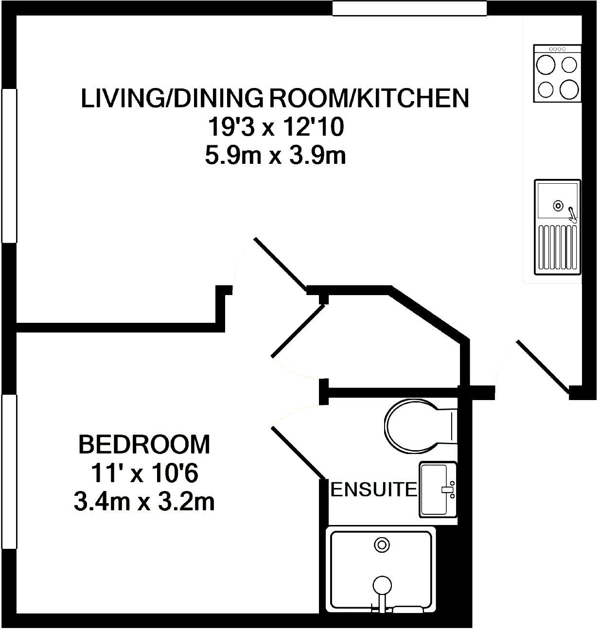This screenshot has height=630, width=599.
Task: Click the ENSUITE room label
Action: (373, 489)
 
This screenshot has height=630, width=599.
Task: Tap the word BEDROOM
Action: (144, 444)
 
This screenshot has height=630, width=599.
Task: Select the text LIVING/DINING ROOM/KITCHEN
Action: (275, 98)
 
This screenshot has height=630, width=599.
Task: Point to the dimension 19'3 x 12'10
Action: (276, 128)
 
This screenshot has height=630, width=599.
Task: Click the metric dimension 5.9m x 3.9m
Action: (275, 157)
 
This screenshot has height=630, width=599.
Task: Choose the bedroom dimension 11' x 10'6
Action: (144, 473)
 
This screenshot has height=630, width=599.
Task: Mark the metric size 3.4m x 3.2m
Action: (144, 502)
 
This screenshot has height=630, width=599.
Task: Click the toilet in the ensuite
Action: (418, 423)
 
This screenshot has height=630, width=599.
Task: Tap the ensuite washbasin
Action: (438, 489)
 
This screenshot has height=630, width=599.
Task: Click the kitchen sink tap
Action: (572, 214)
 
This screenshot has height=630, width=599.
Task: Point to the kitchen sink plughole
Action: (558, 206)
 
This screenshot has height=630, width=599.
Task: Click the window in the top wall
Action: (409, 8)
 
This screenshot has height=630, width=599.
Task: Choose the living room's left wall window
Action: (9, 165)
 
